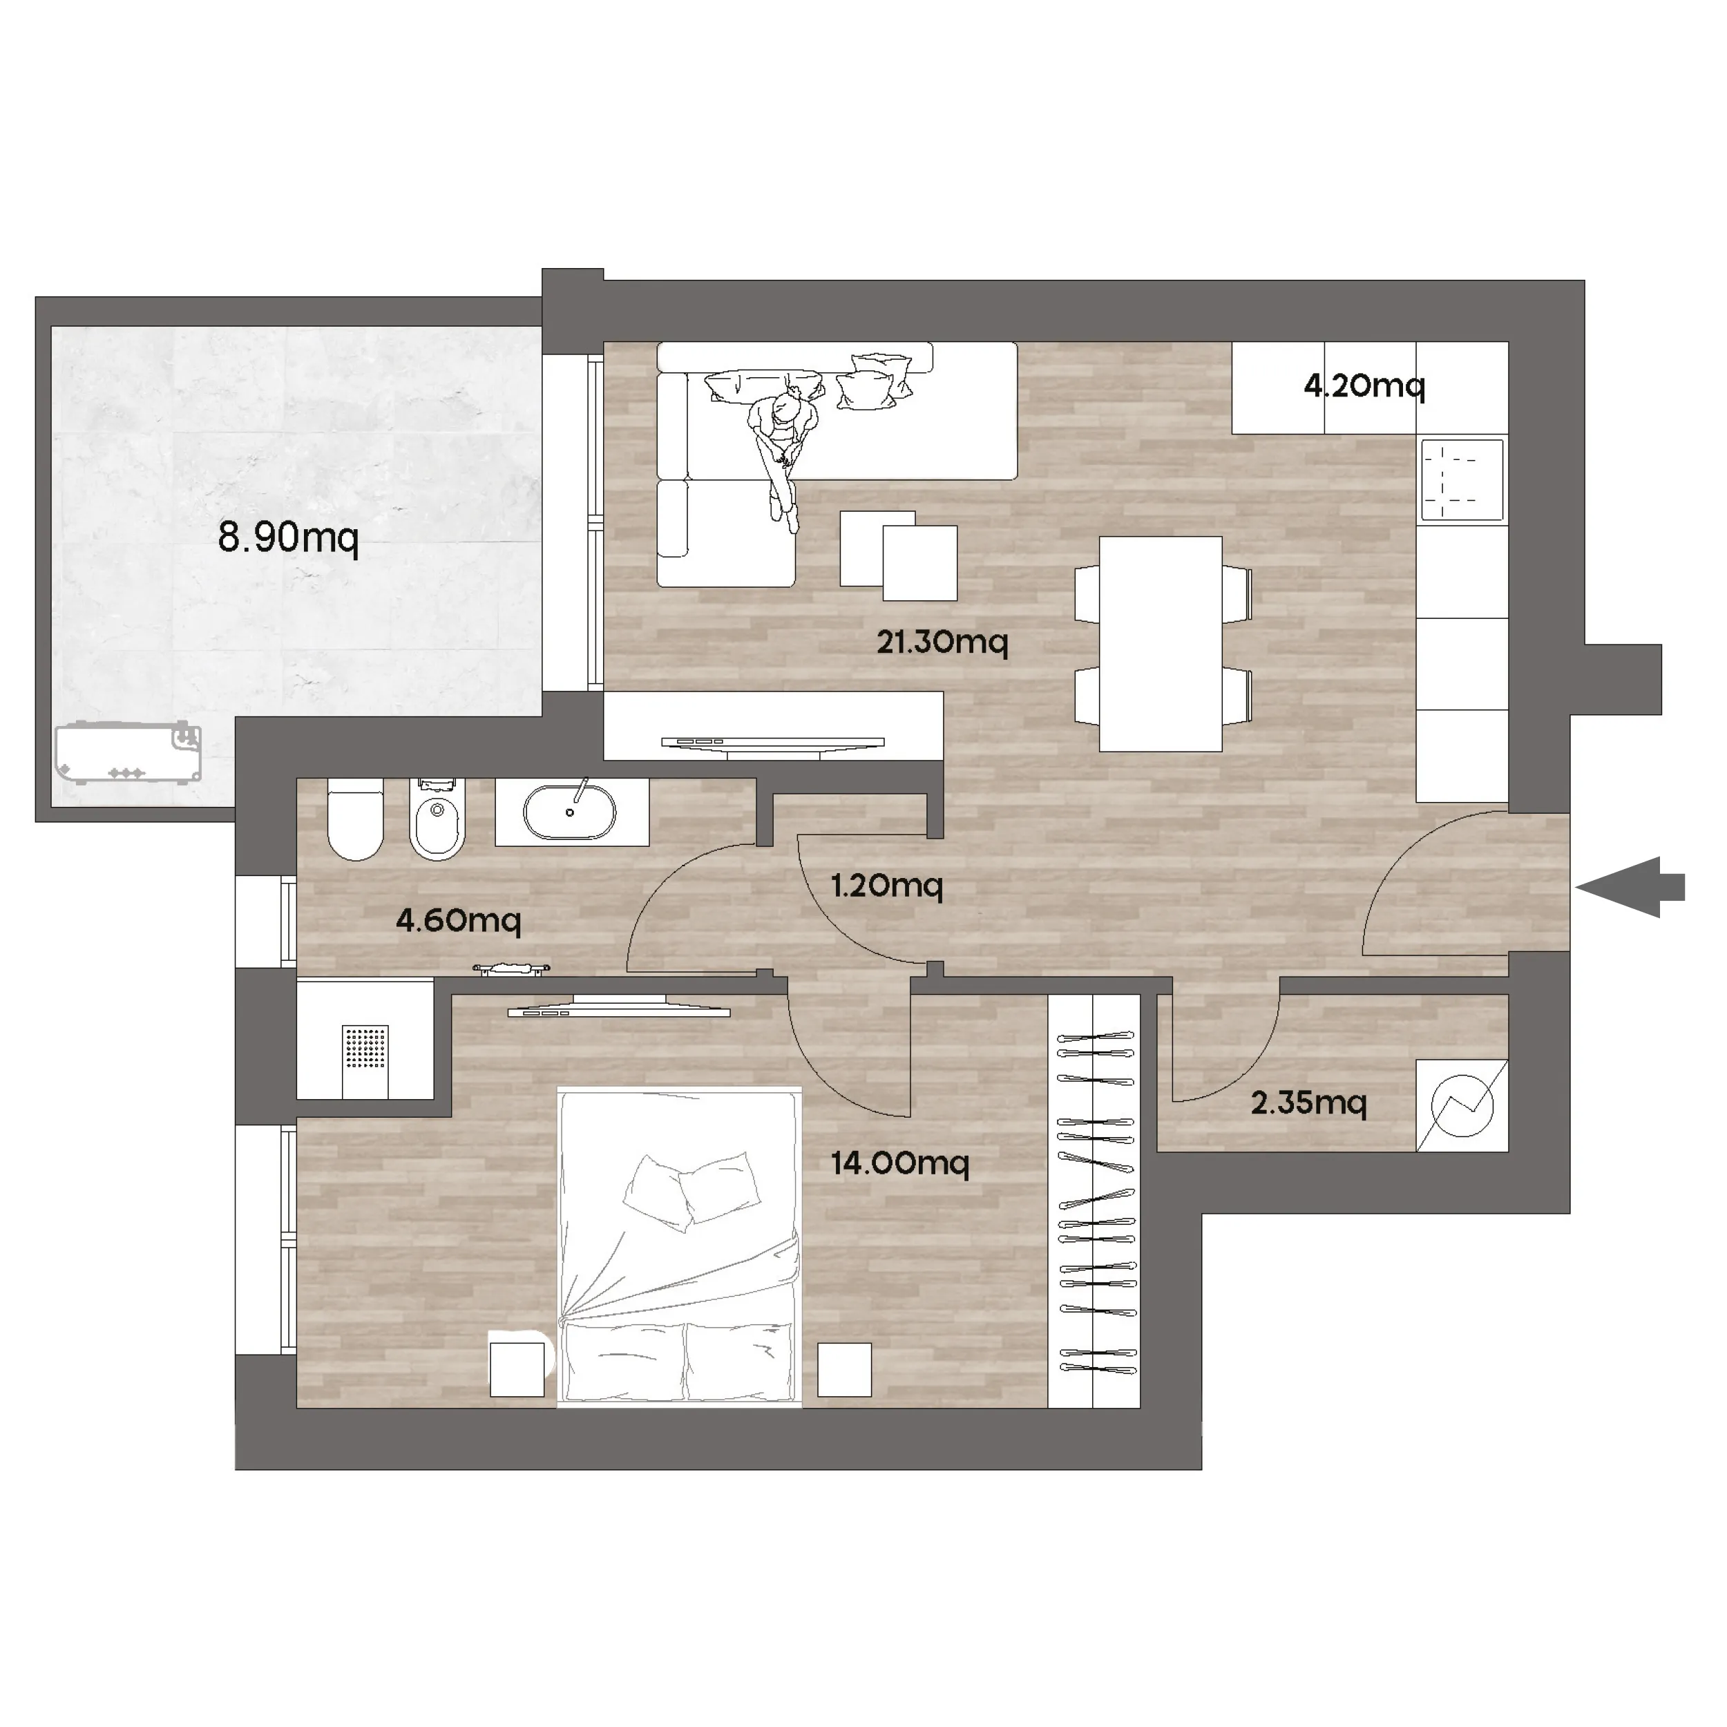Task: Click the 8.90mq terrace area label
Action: pyautogui.click(x=288, y=538)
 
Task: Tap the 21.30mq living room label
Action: pyautogui.click(x=942, y=642)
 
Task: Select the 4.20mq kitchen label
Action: pyautogui.click(x=1364, y=386)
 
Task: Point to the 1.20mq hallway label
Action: pyautogui.click(x=887, y=886)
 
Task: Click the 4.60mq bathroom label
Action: pyautogui.click(x=459, y=920)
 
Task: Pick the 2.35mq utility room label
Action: pyautogui.click(x=1308, y=1103)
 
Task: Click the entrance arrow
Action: pyautogui.click(x=1630, y=888)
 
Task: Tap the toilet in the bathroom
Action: pyautogui.click(x=356, y=819)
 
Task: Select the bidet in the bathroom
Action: pyautogui.click(x=438, y=819)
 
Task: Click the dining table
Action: pyautogui.click(x=1161, y=644)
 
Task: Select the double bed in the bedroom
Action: pyautogui.click(x=678, y=1247)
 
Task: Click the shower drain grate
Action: pyautogui.click(x=365, y=1048)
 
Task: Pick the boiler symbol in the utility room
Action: pyautogui.click(x=1462, y=1106)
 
